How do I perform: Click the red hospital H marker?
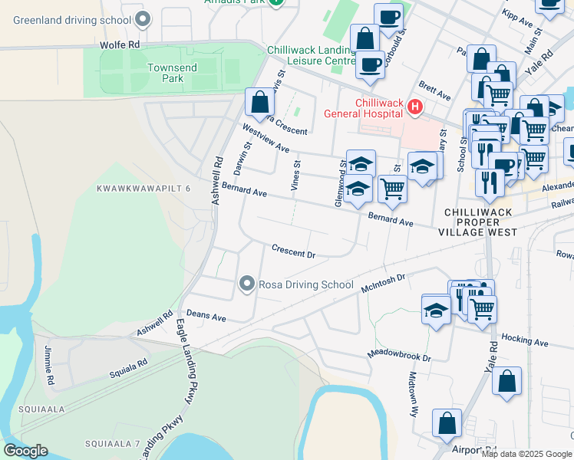click(415, 107)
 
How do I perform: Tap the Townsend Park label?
click(172, 73)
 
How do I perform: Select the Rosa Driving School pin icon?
click(246, 284)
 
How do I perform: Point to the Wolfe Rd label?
click(120, 45)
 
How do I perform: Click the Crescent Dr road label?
click(294, 251)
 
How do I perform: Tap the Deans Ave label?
click(206, 316)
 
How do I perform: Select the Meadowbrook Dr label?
click(399, 357)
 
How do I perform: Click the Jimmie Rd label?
click(49, 366)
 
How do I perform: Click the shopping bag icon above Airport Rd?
click(447, 422)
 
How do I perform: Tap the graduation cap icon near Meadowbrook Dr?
click(436, 310)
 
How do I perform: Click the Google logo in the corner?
click(25, 451)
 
